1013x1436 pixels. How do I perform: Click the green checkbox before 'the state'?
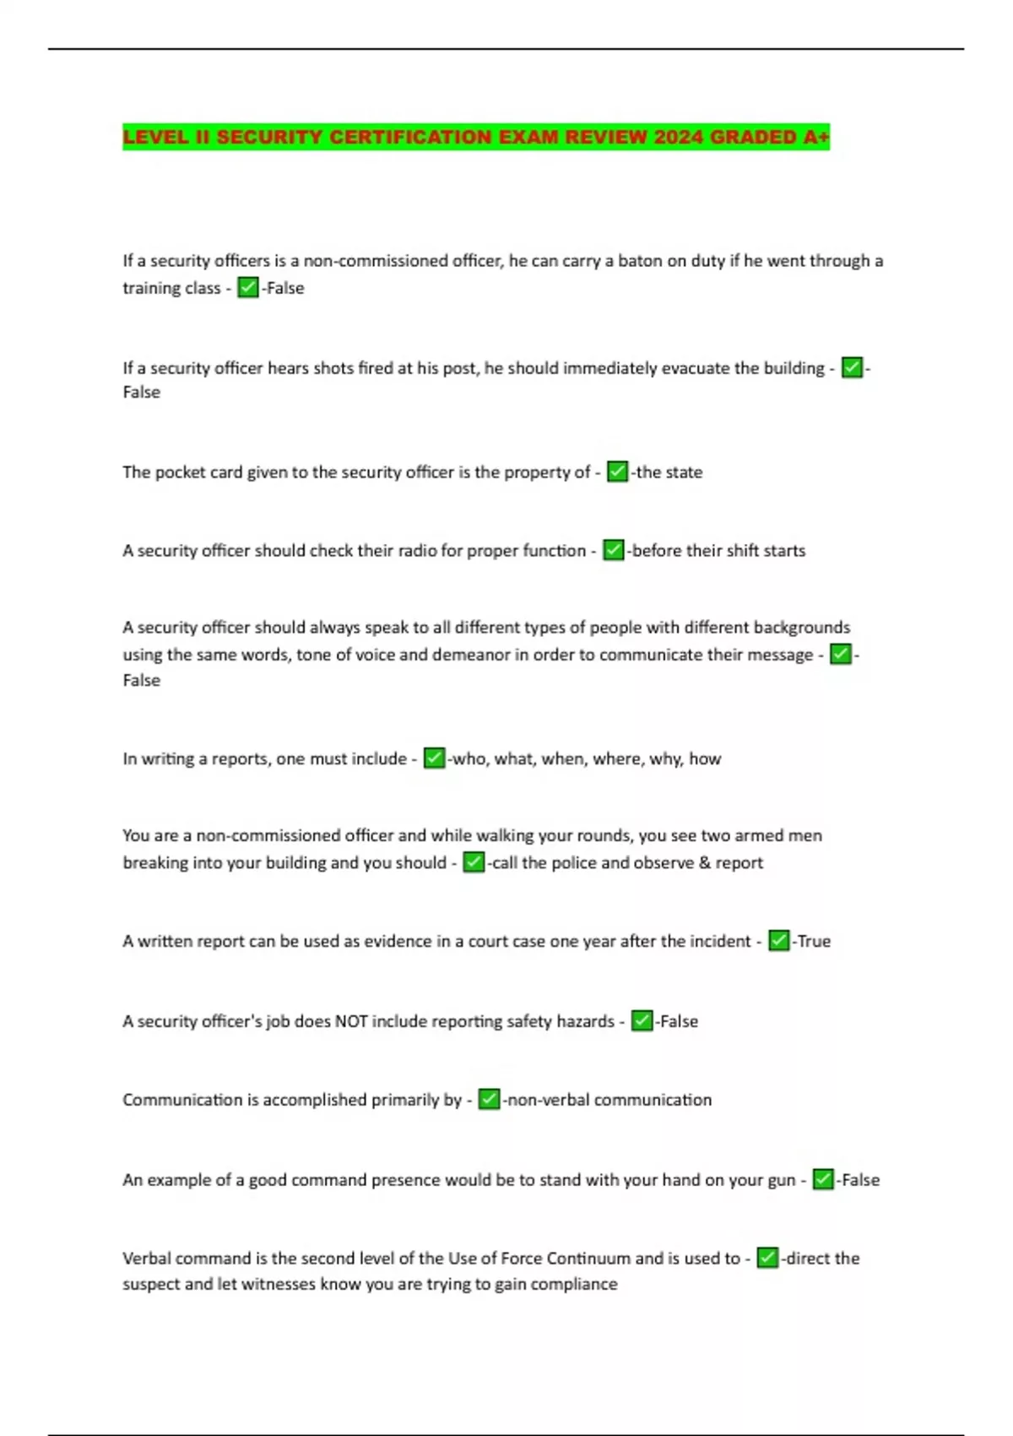pyautogui.click(x=617, y=471)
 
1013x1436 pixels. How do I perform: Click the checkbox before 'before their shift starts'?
pyautogui.click(x=613, y=551)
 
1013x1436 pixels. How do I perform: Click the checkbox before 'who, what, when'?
pyautogui.click(x=434, y=759)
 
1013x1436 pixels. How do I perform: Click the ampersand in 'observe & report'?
pyautogui.click(x=703, y=862)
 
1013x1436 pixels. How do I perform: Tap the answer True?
pyautogui.click(x=814, y=941)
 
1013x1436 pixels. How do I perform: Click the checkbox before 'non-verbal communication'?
pyautogui.click(x=489, y=1100)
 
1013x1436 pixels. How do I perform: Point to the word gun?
pyautogui.click(x=782, y=1180)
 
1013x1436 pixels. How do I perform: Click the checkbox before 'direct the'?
pyautogui.click(x=767, y=1259)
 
